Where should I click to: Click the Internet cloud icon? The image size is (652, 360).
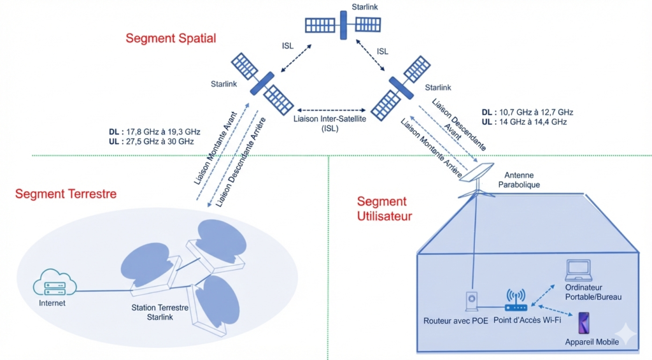click(55, 283)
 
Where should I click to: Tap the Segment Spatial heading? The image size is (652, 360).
click(171, 38)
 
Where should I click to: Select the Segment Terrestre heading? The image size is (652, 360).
click(66, 194)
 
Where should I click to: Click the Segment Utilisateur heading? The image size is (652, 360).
click(384, 208)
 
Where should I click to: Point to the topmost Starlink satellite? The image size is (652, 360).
click(343, 25)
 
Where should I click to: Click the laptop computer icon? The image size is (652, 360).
click(578, 271)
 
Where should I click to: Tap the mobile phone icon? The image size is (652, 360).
click(584, 323)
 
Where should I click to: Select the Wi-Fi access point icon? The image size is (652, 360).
click(516, 300)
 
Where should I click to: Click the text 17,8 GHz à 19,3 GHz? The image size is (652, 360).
click(163, 132)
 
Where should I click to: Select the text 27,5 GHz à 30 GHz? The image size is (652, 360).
click(160, 141)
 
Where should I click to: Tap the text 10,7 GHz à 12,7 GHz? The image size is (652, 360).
click(536, 112)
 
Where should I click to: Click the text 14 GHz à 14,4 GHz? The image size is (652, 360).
click(533, 122)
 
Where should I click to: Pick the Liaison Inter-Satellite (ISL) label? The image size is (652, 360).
click(330, 124)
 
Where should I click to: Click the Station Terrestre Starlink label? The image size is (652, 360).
click(160, 313)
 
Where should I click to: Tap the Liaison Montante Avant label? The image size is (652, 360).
click(215, 148)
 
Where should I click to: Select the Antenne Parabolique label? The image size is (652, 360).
click(519, 180)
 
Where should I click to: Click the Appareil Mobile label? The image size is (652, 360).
click(592, 342)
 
